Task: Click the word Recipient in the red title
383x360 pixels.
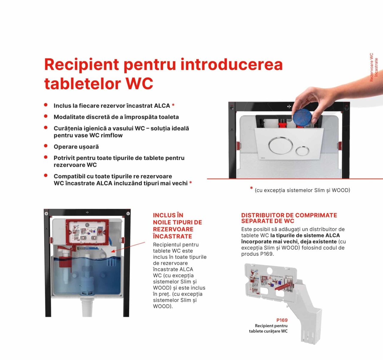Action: [81, 65]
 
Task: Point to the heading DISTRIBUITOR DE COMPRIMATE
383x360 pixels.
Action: [289, 215]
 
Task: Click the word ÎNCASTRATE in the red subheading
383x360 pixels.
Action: [172, 236]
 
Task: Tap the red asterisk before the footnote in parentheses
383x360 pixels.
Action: [251, 188]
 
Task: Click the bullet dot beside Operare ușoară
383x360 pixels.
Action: [46, 146]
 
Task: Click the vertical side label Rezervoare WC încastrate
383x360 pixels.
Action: [373, 67]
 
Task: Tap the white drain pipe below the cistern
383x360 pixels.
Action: [87, 307]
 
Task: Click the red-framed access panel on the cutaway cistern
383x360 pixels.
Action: [87, 232]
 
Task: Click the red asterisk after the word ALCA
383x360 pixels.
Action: [173, 105]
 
